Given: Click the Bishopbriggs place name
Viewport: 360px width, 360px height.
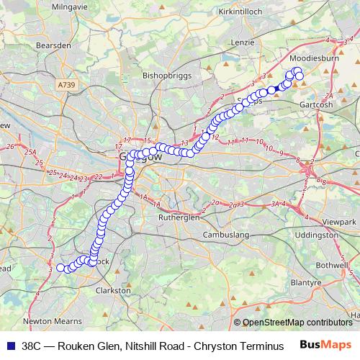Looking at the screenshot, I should [x=168, y=74].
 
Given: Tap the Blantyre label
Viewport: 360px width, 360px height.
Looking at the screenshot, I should [x=307, y=283].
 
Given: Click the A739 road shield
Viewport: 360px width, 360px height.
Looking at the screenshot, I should [x=64, y=85].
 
